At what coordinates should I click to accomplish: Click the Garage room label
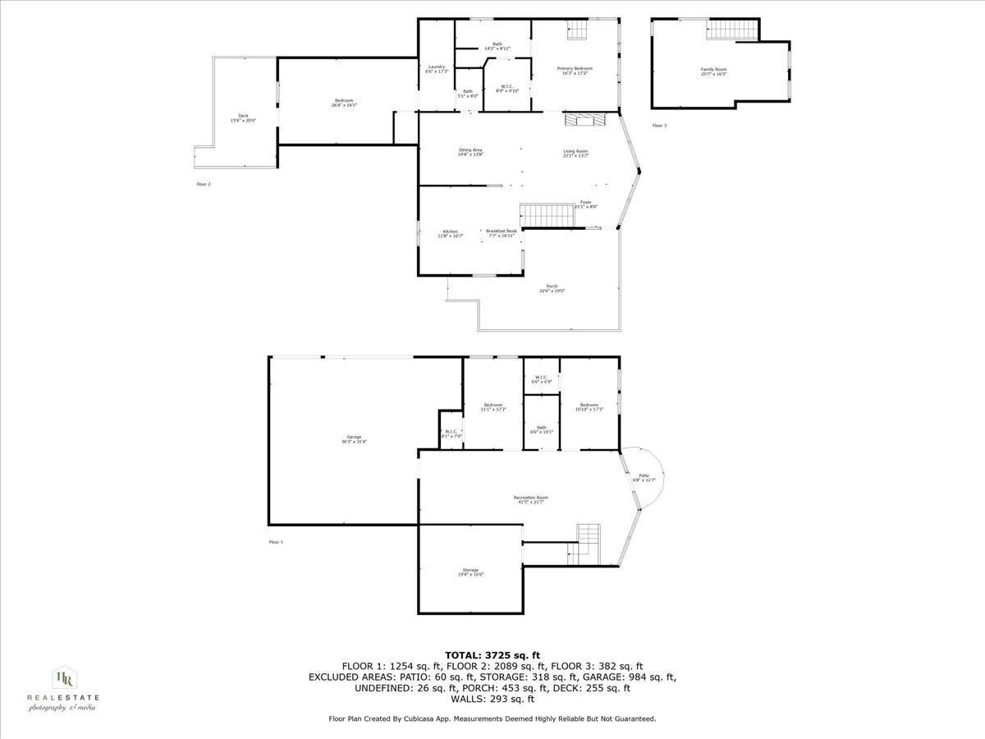click(x=354, y=438)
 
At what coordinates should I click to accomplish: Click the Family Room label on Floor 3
click(x=713, y=71)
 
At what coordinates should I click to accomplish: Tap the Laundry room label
click(x=436, y=68)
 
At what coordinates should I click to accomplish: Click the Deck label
click(x=243, y=117)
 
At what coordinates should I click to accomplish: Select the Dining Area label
click(x=470, y=152)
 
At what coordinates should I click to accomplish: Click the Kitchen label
click(x=450, y=233)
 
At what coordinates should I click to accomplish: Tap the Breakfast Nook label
click(x=501, y=233)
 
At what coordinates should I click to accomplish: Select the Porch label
click(x=552, y=288)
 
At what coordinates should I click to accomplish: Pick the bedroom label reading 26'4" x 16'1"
click(x=343, y=102)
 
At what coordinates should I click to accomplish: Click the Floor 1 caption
click(x=276, y=542)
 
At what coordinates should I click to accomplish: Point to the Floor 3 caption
click(x=659, y=126)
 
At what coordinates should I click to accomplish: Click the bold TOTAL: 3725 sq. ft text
click(x=492, y=654)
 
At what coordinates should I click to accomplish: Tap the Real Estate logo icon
click(x=62, y=679)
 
